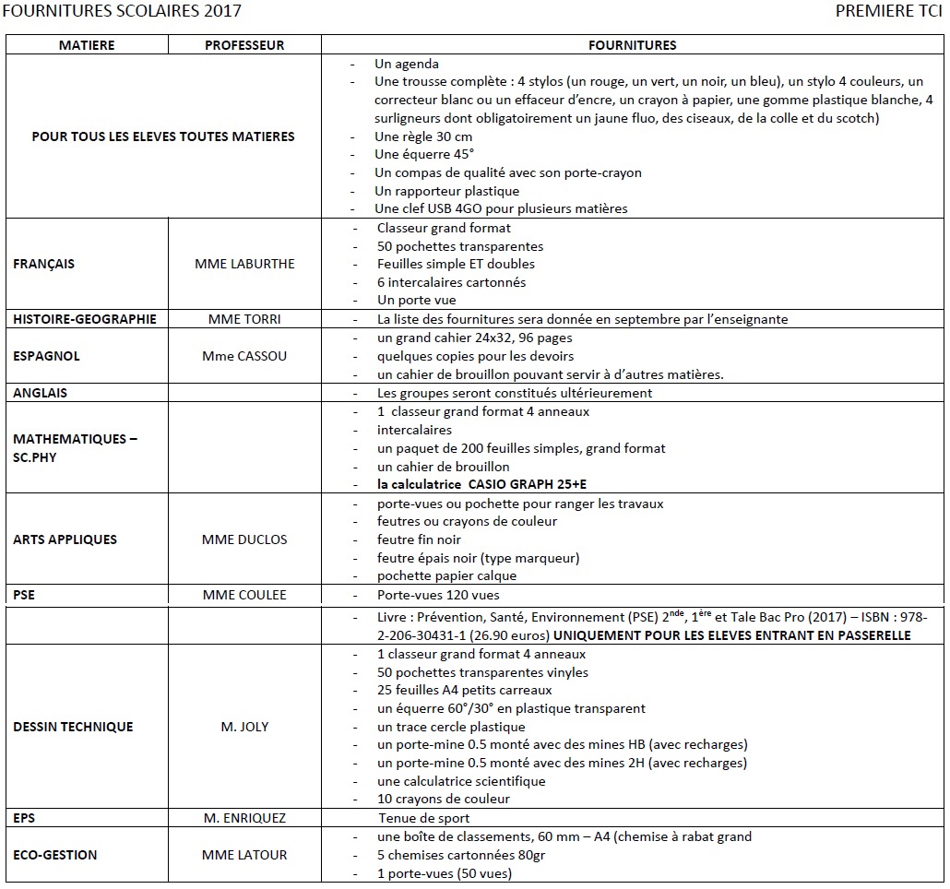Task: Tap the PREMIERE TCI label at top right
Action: pyautogui.click(x=888, y=12)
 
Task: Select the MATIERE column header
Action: pyautogui.click(x=87, y=45)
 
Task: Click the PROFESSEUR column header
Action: pyautogui.click(x=244, y=45)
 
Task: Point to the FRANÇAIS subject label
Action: pyautogui.click(x=44, y=264)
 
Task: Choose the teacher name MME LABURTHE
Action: pyautogui.click(x=244, y=264)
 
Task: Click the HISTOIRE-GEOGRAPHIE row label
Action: pyautogui.click(x=85, y=319)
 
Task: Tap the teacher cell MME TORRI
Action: pyautogui.click(x=244, y=319)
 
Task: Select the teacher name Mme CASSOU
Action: pyautogui.click(x=244, y=356)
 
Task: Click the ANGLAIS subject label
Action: pyautogui.click(x=41, y=393)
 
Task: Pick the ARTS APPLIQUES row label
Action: pyautogui.click(x=65, y=539)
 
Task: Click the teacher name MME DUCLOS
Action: pyautogui.click(x=244, y=539)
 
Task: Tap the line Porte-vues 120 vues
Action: pyautogui.click(x=439, y=595)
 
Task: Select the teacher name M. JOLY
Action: pyautogui.click(x=244, y=727)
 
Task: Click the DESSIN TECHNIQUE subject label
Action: pyautogui.click(x=73, y=727)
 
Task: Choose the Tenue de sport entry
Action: pyautogui.click(x=423, y=818)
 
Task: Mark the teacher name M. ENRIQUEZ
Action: pyautogui.click(x=244, y=818)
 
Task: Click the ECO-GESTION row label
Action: pyautogui.click(x=55, y=855)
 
